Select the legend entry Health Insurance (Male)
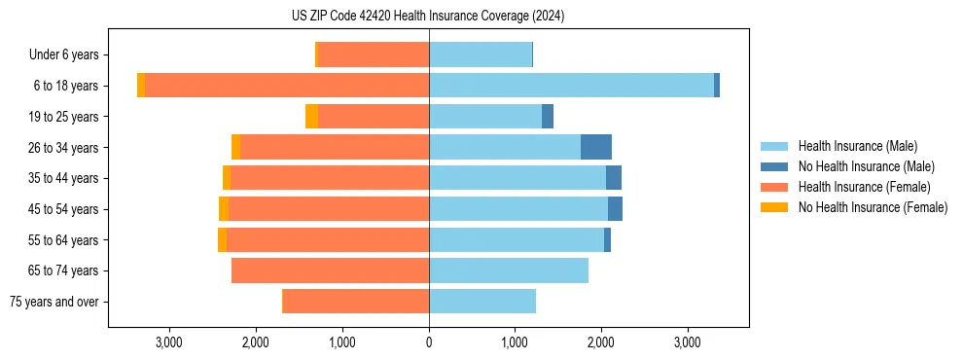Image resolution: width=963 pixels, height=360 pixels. [857, 146]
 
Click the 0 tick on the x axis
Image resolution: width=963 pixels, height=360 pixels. [429, 342]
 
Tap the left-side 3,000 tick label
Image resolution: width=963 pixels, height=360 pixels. [169, 342]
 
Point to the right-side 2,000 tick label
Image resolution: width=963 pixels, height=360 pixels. [601, 342]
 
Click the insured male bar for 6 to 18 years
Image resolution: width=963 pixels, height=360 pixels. [571, 86]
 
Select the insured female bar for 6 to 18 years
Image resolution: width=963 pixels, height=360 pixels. [287, 86]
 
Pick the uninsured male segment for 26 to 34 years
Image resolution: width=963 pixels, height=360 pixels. [596, 147]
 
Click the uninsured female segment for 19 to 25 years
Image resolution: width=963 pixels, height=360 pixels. [311, 117]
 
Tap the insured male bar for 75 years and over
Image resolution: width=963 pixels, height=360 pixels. [482, 302]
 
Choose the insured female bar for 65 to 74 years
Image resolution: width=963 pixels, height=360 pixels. [330, 270]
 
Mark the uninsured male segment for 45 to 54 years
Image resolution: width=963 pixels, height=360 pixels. [615, 209]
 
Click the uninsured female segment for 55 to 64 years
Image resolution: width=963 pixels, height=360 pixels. [222, 239]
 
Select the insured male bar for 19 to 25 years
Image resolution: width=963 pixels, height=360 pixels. [485, 117]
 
